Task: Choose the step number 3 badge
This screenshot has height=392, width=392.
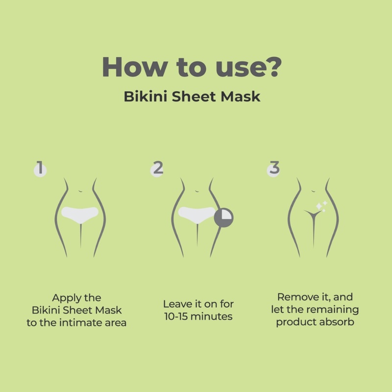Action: [274, 169]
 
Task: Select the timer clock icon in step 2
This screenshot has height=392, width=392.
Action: [224, 216]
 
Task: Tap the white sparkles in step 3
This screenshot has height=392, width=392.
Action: [321, 206]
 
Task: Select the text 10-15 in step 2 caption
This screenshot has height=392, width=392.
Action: [177, 317]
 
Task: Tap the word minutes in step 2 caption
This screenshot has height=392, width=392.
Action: [212, 317]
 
